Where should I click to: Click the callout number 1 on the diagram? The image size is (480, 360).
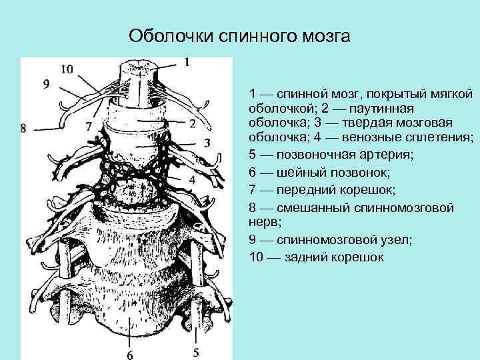[x=187, y=62]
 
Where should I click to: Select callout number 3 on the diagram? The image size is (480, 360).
[x=207, y=143]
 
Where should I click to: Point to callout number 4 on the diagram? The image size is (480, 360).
[x=192, y=180]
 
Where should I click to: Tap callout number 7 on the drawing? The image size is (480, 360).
[x=89, y=125]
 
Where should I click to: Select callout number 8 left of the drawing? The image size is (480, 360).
[x=23, y=129]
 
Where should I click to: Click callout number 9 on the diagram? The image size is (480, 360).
[x=46, y=84]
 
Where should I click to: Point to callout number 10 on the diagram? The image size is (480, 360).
[x=67, y=68]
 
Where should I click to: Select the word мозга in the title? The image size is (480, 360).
[x=325, y=35]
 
